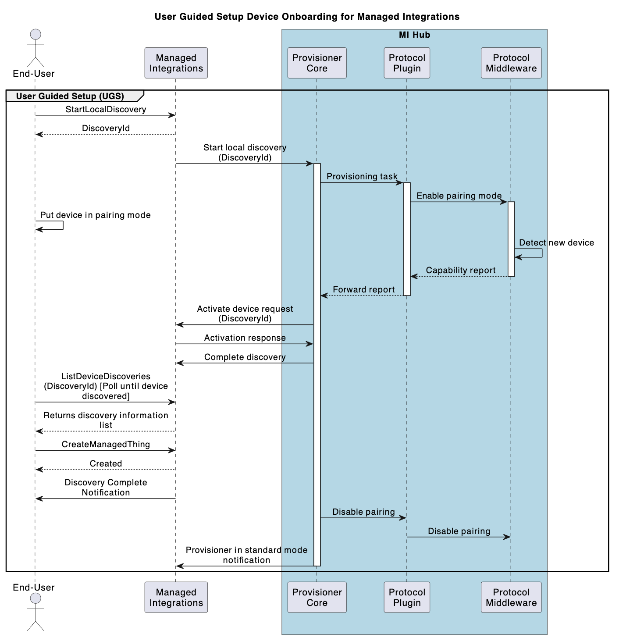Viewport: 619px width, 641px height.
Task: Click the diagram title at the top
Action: pos(307,17)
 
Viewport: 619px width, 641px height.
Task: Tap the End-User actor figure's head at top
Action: pos(36,35)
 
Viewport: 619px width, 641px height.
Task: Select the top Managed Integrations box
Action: pos(176,63)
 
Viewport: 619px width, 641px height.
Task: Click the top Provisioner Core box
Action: pos(317,63)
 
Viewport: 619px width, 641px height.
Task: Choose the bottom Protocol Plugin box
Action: pos(406,597)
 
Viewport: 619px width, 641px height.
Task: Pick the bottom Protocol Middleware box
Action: pos(511,597)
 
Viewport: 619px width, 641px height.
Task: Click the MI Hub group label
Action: pos(414,35)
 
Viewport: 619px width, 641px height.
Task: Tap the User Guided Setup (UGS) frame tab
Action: pos(70,96)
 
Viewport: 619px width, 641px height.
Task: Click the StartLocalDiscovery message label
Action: pos(106,109)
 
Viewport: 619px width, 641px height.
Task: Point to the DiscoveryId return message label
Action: pos(106,128)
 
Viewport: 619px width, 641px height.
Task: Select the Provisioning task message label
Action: pos(362,176)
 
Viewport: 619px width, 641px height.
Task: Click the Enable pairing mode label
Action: pos(459,196)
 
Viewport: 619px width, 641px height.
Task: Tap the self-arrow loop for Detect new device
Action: pos(533,253)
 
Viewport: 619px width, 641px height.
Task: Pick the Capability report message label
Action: pos(460,270)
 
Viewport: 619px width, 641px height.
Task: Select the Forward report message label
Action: pos(363,289)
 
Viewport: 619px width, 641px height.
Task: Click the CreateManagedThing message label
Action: pos(106,444)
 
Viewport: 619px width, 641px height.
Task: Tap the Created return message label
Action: pos(106,463)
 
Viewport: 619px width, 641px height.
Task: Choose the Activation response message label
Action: pos(245,338)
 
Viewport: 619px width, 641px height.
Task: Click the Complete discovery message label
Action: pos(245,357)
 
